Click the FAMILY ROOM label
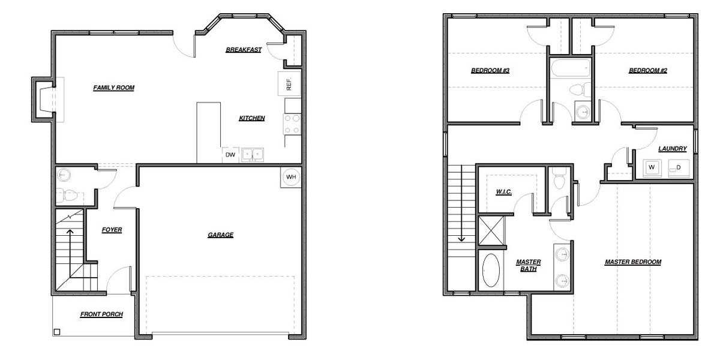[113, 88]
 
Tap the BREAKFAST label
[243, 50]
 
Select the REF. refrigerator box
[289, 84]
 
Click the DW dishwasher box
[230, 155]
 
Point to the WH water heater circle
[290, 177]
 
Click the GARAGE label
[220, 235]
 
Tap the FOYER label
[112, 230]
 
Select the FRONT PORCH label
[101, 314]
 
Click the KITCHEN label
[252, 118]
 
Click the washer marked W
[652, 167]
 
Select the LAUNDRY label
[672, 149]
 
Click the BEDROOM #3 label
[490, 71]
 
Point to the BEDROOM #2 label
[648, 71]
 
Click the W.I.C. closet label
[503, 192]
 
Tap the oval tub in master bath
[491, 271]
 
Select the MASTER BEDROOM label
[632, 262]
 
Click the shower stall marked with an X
[491, 231]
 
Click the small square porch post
[57, 332]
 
